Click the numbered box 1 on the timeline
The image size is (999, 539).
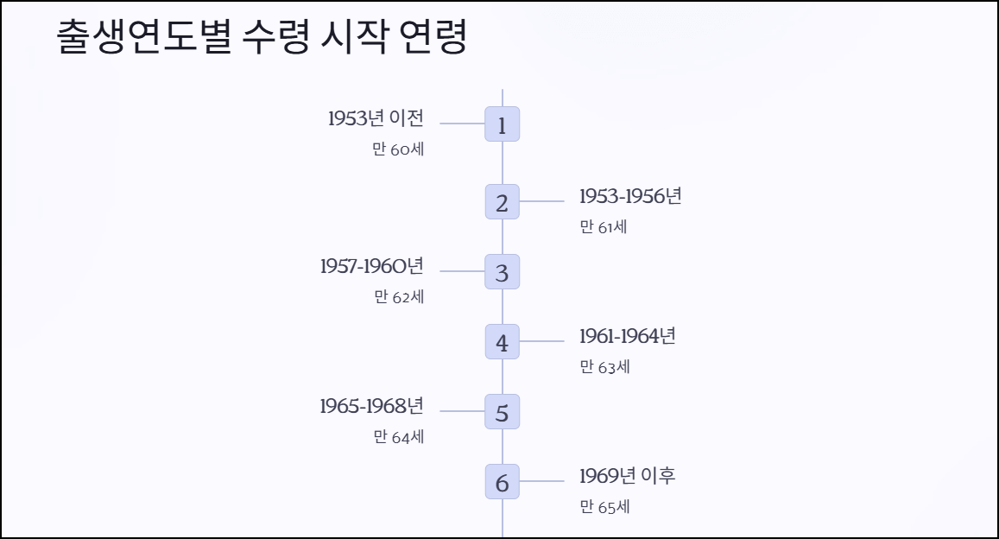pos(502,124)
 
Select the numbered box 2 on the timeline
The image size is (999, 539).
pos(502,201)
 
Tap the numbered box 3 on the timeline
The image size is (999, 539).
pos(502,271)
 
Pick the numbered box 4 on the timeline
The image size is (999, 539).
pos(502,341)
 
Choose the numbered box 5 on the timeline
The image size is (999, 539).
pos(502,411)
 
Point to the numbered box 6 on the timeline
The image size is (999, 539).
pos(502,481)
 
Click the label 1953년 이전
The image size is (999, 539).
pos(376,118)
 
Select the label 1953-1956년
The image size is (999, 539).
pos(630,196)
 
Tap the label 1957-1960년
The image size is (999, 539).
pos(371,265)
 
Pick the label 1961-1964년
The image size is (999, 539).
pos(627,335)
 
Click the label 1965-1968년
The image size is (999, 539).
pos(371,405)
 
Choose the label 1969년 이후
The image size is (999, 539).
pos(627,475)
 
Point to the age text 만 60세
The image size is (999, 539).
pos(398,149)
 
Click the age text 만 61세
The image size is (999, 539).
pos(604,227)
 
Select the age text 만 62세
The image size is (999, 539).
pos(399,297)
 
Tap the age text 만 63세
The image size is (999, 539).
pos(604,367)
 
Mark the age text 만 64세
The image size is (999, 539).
pos(398,437)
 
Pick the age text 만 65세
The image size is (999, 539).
pos(604,507)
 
